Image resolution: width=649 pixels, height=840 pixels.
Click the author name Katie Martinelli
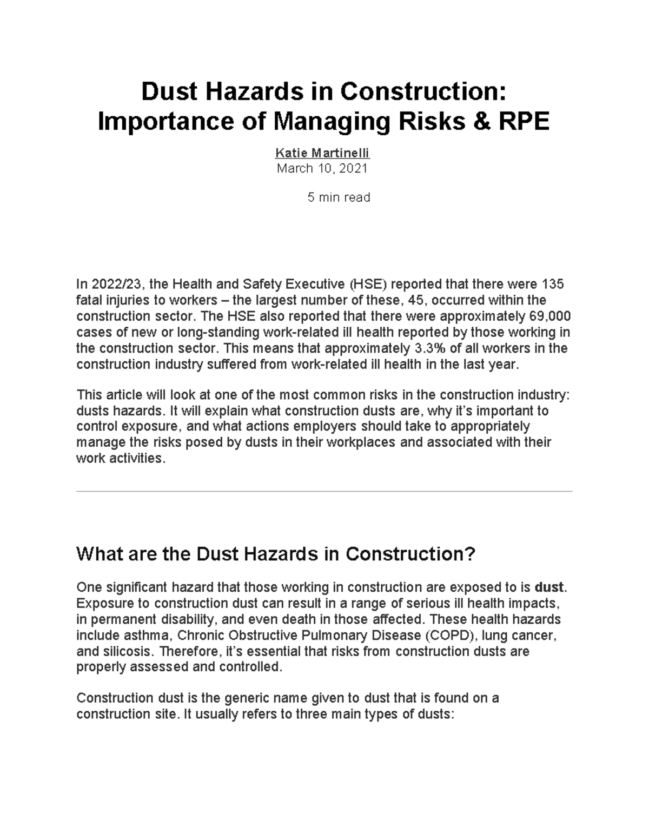(322, 153)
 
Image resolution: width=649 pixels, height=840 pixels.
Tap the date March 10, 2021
(322, 168)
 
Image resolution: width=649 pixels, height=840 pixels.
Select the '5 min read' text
(339, 197)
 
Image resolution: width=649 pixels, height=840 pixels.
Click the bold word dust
(549, 587)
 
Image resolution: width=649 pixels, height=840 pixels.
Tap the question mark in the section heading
(469, 554)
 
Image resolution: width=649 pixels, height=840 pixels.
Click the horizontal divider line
(325, 492)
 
